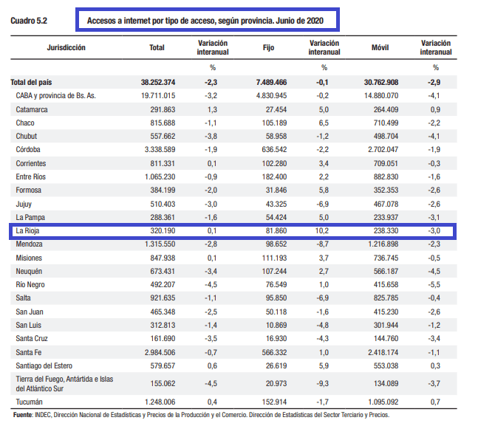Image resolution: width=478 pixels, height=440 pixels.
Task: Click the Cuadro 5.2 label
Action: pos(29,21)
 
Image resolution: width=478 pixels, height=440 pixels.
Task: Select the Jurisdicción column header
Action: pos(66,47)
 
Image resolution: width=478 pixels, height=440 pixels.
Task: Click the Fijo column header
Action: pos(268,47)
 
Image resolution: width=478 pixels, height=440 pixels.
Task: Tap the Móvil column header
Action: pos(380,47)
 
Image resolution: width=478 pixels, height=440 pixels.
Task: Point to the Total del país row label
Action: pos(31,82)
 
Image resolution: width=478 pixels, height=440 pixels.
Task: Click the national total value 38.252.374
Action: pos(158,82)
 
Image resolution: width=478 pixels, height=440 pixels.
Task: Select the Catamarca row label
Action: pos(32,109)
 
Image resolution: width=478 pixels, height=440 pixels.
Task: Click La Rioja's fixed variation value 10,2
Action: pos(322,230)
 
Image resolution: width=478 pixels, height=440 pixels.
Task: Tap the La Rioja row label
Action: pos(27,230)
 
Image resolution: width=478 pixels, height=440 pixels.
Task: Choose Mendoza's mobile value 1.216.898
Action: pos(383,244)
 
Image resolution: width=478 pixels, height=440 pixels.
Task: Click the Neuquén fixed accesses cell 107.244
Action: pos(274,271)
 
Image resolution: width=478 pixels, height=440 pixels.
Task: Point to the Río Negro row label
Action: pos(30,285)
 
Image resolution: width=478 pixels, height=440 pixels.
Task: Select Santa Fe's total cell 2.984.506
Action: pos(160,353)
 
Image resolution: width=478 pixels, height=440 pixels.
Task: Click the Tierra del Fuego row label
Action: pos(64,384)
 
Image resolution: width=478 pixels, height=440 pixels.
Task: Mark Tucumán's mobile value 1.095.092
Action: pos(383,402)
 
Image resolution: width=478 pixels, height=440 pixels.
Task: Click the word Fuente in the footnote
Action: pos(22,415)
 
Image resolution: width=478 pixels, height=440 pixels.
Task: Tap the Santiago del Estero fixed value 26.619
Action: pos(276,365)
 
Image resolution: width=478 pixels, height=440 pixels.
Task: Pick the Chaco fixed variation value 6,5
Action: pos(324,123)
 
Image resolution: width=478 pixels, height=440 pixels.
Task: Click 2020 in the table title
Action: pos(315,21)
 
